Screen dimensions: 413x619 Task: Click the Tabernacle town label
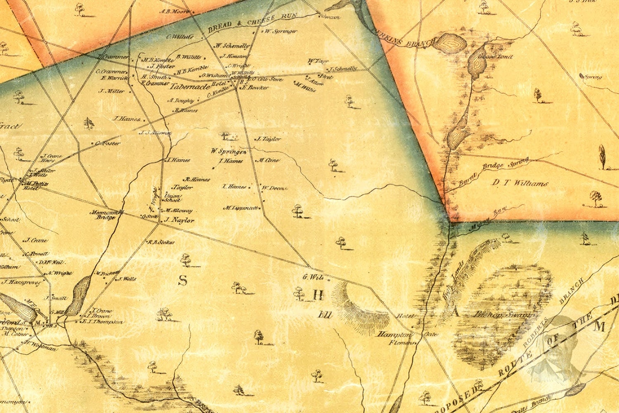(184, 86)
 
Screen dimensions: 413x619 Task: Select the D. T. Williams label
(520, 183)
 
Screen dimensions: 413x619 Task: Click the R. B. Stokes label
(161, 242)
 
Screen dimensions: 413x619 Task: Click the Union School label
(172, 198)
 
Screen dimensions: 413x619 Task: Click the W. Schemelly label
(232, 46)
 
